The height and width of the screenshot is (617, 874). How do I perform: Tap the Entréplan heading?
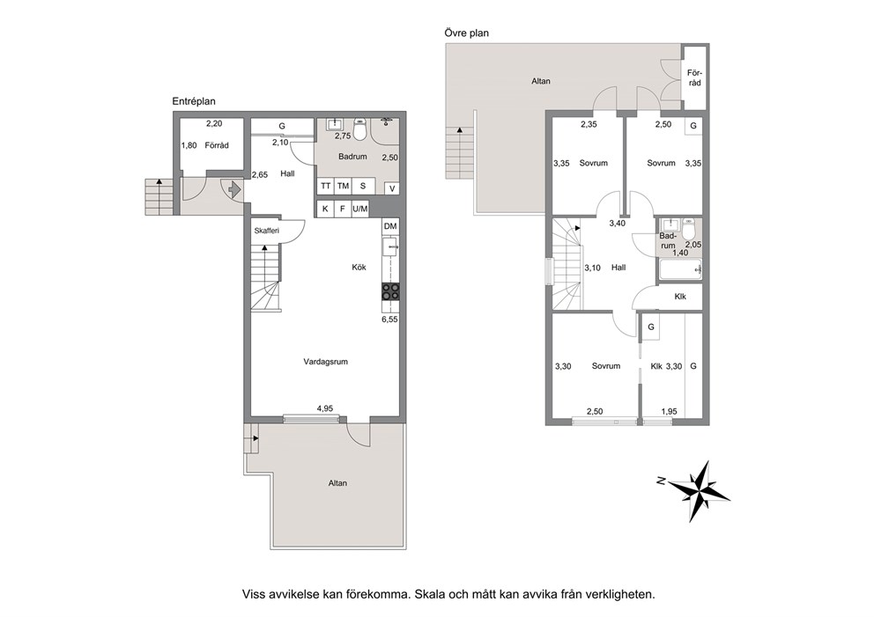point(194,101)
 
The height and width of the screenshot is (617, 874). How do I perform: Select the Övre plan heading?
point(467,33)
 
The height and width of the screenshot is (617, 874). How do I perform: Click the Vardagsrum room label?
point(325,362)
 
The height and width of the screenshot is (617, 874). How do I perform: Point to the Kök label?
point(359,268)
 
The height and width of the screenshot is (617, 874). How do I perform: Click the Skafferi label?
point(266,231)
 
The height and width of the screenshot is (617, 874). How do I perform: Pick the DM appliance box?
point(390,226)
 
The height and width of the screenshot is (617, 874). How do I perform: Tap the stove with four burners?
point(390,291)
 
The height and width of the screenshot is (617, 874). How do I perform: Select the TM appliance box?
point(343,186)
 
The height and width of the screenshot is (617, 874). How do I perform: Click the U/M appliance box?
point(360,209)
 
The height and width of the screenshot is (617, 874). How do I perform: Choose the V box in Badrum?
point(392,188)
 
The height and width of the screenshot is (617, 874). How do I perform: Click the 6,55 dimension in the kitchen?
point(389,320)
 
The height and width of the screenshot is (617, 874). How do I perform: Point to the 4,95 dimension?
point(325,408)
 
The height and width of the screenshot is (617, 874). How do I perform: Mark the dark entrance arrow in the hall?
point(233,188)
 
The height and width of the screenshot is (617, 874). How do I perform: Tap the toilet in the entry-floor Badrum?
point(359,130)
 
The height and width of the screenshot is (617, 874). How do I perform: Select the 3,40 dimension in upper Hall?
point(617,224)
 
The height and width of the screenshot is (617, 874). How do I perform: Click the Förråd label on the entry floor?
point(217,145)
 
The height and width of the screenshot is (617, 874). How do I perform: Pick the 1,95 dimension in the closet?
point(669,412)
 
